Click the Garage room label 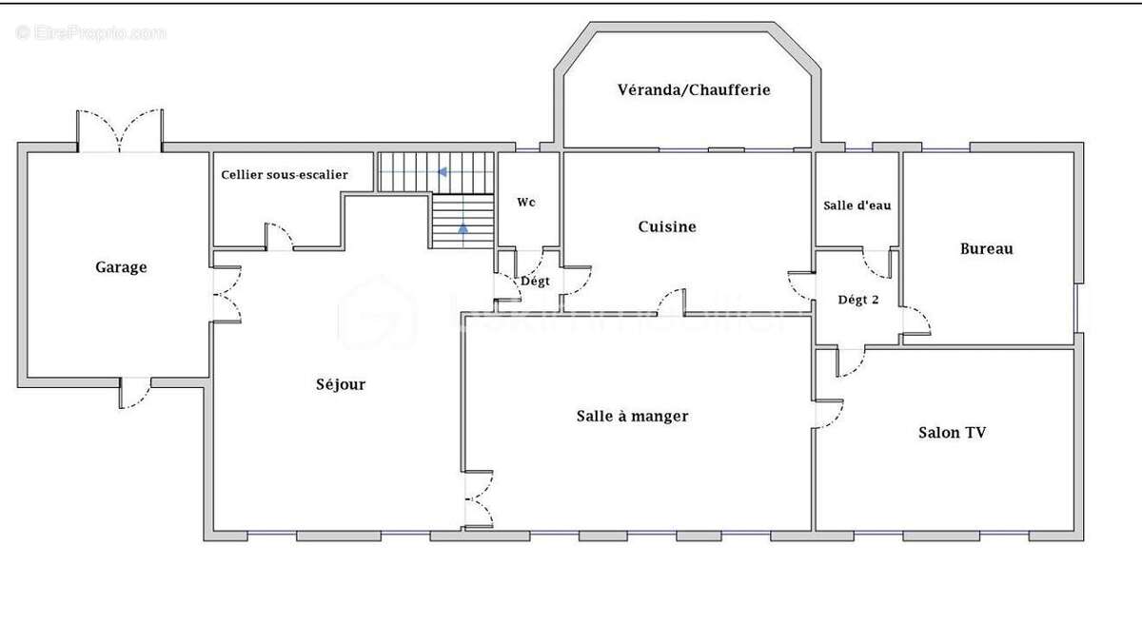(121, 267)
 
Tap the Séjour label (341, 384)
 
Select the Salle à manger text (632, 416)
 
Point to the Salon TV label (952, 432)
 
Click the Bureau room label (986, 249)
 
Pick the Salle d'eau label (856, 205)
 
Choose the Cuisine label (666, 226)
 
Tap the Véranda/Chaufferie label (693, 90)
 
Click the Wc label (527, 203)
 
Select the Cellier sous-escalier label (285, 175)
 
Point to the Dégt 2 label (857, 300)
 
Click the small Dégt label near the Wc (535, 282)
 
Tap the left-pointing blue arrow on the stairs (443, 172)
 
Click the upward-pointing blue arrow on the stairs (463, 228)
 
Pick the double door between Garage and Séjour (226, 293)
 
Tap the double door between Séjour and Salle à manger (478, 499)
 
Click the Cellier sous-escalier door (278, 237)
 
